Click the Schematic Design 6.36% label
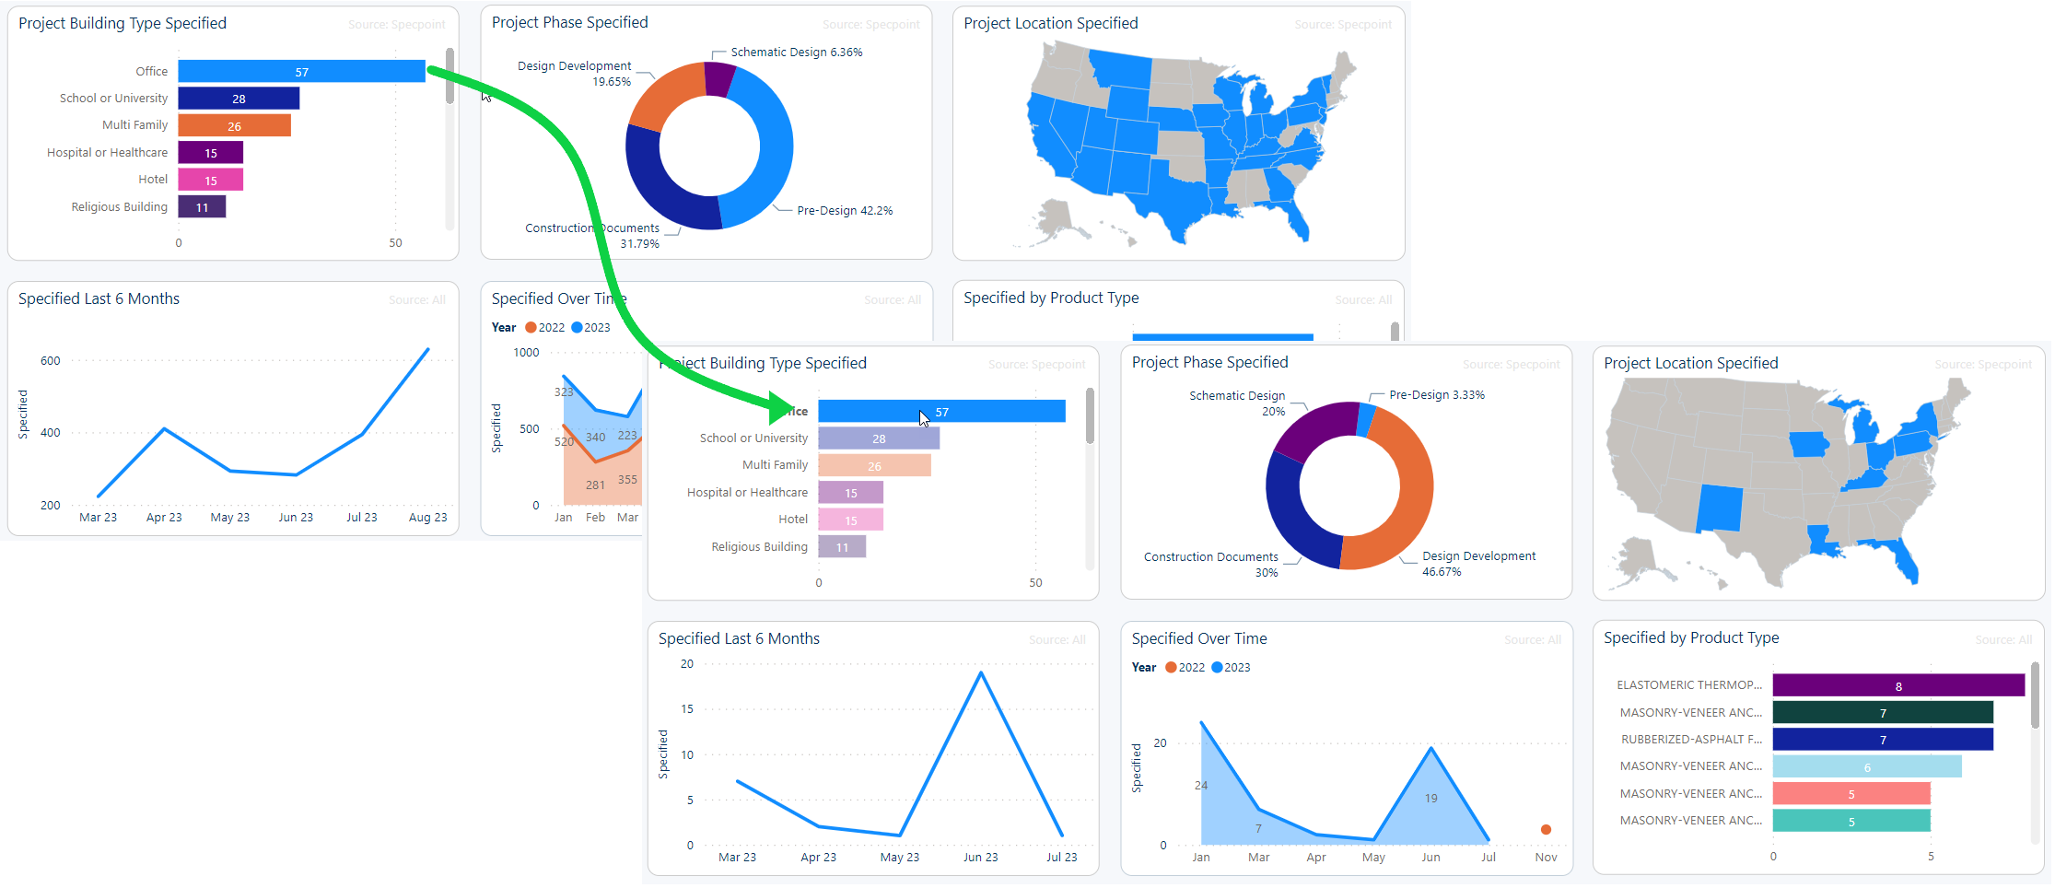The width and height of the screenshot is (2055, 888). coord(796,53)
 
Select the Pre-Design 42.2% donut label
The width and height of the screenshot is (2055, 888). coord(844,211)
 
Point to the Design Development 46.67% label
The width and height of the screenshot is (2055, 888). coord(1477,564)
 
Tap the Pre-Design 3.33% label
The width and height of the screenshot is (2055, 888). coord(1436,395)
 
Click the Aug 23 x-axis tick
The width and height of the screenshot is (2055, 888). coord(427,518)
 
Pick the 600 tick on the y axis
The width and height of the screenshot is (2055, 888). coord(51,361)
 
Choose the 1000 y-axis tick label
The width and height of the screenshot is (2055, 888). coord(526,353)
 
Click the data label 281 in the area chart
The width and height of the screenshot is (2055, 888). coord(595,485)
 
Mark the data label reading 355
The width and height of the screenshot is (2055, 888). coord(627,480)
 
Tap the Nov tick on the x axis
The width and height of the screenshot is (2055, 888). coord(1546,858)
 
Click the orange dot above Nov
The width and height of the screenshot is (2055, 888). coord(1546,830)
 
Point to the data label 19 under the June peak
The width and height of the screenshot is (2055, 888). coord(1430,799)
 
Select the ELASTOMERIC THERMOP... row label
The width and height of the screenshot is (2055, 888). coord(1688,685)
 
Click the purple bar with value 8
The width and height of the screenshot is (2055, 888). coord(1897,685)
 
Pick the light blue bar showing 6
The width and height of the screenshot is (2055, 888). coord(1866,766)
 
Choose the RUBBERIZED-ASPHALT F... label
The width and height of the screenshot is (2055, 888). coord(1691,740)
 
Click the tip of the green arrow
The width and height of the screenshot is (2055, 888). coord(790,407)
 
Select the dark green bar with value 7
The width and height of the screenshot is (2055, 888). coord(1882,713)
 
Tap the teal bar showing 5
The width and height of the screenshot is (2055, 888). coord(1851,822)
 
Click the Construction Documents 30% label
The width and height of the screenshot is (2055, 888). coord(1210,565)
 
